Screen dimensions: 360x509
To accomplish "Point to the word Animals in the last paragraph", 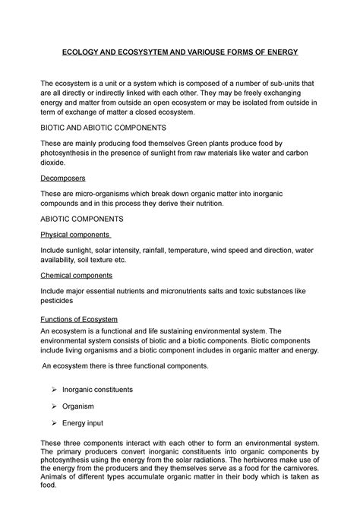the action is pyautogui.click(x=55, y=482).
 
